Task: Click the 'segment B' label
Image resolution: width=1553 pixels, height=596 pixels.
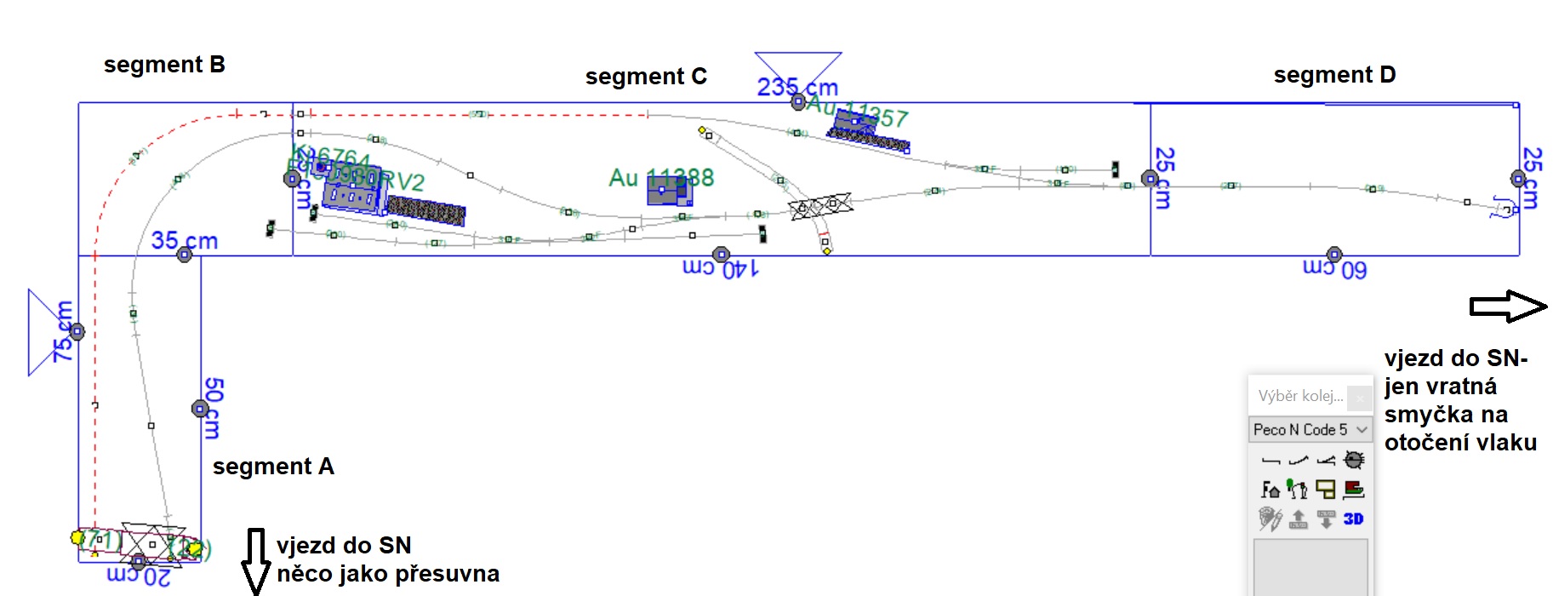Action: point(164,65)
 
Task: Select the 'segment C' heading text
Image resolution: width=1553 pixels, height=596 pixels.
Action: point(646,77)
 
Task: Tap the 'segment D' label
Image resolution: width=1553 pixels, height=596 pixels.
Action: point(1334,75)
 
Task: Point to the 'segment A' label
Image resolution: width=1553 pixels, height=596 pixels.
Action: point(273,467)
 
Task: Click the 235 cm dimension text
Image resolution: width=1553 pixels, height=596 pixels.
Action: point(797,87)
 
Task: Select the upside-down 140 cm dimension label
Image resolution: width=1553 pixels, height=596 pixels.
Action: point(720,269)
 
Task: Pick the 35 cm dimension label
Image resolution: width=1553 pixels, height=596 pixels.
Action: point(185,241)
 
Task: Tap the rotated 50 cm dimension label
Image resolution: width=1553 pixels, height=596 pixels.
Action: point(213,409)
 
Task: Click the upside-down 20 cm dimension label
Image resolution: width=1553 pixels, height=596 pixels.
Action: point(139,576)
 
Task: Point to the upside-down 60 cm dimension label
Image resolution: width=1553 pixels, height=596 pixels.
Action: point(1334,269)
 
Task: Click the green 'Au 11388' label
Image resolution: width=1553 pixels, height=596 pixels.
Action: point(661,178)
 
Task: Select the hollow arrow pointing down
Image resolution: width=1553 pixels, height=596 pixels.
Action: point(255,560)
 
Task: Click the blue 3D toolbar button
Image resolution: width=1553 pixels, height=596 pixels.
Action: point(1353,519)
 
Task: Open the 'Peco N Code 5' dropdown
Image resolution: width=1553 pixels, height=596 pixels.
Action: point(1310,430)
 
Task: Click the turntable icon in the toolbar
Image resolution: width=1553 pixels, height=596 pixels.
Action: point(1353,461)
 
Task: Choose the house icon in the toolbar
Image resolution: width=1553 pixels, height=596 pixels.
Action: point(1270,490)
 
